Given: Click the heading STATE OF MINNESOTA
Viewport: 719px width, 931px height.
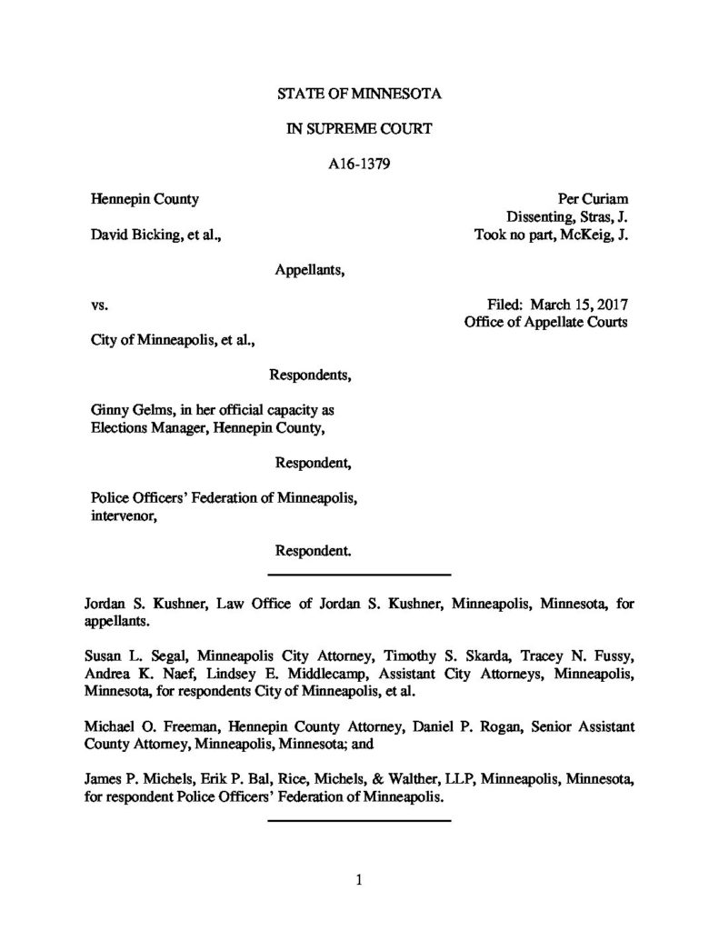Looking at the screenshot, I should coord(359,94).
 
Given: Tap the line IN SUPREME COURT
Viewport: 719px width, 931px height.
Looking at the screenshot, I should coord(359,129).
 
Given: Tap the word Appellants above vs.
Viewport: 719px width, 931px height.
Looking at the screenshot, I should coord(309,269).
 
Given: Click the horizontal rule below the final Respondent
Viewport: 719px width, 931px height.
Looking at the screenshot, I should coord(360,575).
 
